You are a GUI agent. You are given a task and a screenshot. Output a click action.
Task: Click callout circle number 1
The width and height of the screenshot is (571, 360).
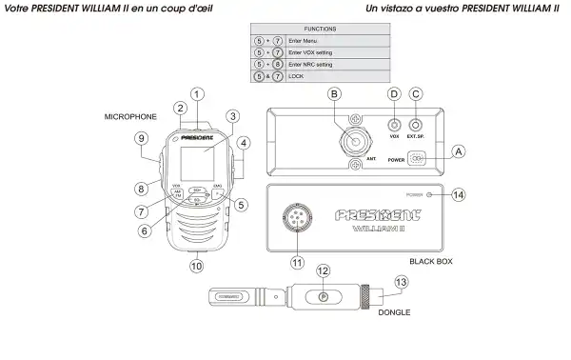tap(197, 93)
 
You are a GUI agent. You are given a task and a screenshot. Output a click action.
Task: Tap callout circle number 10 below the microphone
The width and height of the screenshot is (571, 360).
tap(196, 267)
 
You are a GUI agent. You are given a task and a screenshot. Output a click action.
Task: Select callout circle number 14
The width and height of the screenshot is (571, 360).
tap(459, 194)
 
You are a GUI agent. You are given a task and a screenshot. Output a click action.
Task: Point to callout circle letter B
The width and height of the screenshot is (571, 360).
tap(334, 94)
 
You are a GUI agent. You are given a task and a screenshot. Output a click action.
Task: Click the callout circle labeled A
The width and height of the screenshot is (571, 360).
tap(459, 151)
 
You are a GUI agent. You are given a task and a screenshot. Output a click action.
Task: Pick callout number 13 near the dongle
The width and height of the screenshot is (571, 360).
tap(402, 282)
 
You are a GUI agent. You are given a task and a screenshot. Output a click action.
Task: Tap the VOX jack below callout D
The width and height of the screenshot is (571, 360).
tap(393, 124)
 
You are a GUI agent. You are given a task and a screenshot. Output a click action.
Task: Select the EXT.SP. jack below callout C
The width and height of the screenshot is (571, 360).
tap(415, 124)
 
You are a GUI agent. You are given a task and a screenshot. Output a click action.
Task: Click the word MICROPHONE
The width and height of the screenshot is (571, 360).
tap(131, 115)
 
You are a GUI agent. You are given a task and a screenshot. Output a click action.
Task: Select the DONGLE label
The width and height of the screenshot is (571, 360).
tap(395, 310)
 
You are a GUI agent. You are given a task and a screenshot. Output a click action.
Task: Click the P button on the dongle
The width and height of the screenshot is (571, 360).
tap(324, 297)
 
